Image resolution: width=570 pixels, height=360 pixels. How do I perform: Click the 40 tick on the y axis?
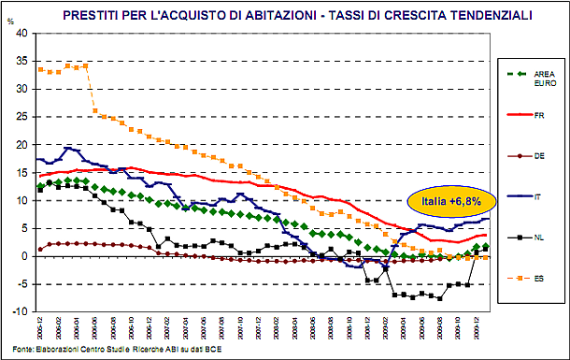point(22,34)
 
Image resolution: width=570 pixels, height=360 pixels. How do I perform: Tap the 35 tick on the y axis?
point(22,62)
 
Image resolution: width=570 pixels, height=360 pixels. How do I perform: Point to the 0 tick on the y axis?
point(25,256)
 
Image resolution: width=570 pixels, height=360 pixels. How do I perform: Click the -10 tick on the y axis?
point(21,312)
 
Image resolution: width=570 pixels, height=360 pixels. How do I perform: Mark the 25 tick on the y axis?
point(22,117)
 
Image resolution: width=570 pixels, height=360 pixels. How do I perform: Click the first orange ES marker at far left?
point(39,69)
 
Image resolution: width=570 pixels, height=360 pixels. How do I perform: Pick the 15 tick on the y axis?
point(22,173)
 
